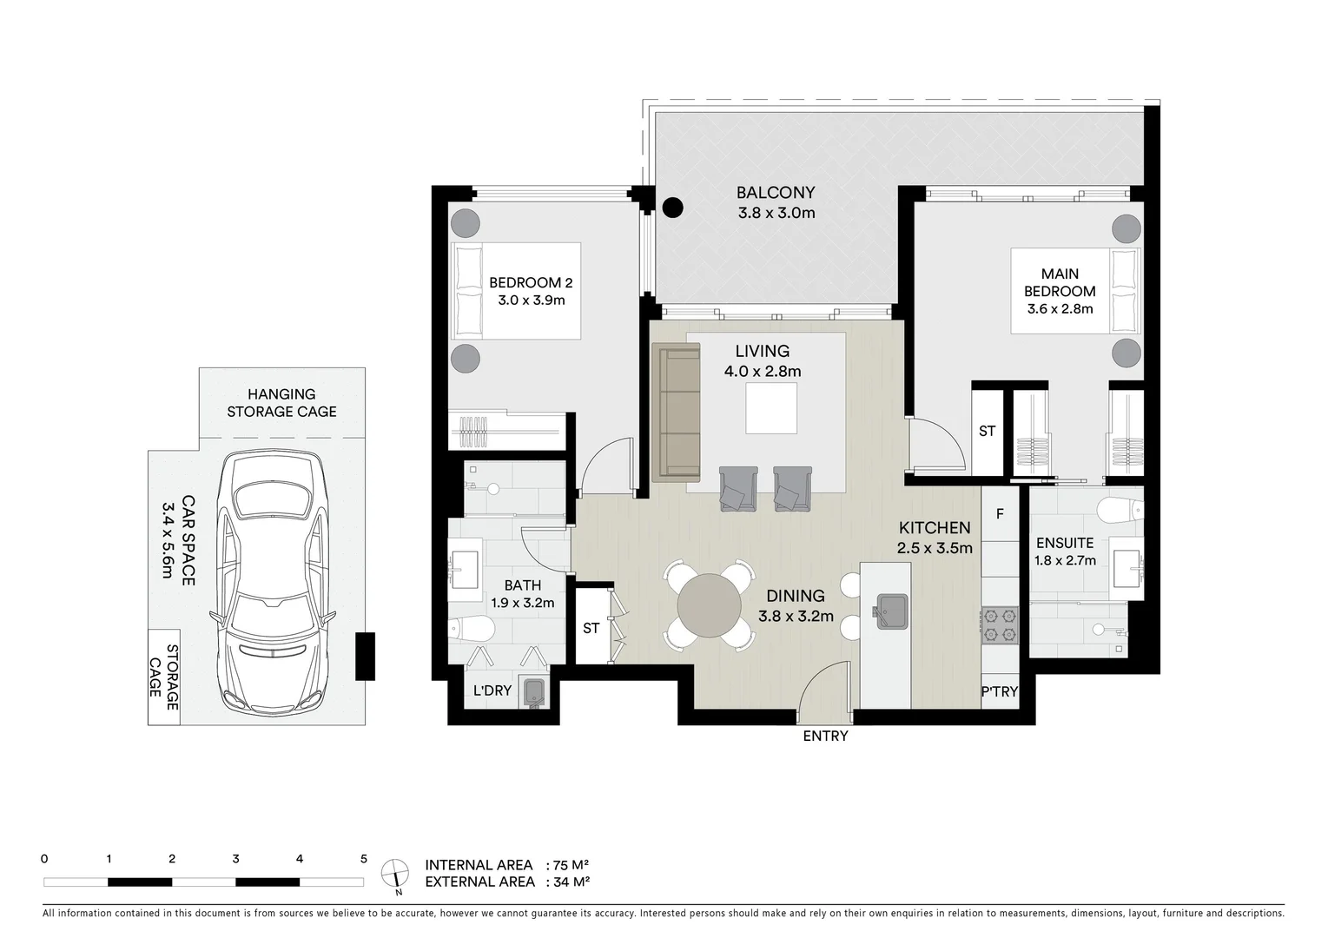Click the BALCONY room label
(776, 193)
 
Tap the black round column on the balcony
(672, 208)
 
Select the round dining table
(709, 605)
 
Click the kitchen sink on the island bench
(889, 611)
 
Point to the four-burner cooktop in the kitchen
(1001, 625)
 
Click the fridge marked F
(1000, 513)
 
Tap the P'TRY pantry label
(1000, 691)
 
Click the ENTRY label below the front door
(825, 736)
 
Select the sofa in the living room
(676, 412)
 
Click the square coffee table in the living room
(771, 408)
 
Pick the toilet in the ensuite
(1120, 509)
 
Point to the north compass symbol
(395, 876)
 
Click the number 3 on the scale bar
(236, 859)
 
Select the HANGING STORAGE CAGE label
(281, 403)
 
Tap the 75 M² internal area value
(572, 865)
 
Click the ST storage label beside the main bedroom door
(988, 431)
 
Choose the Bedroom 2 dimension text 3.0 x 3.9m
(532, 300)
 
